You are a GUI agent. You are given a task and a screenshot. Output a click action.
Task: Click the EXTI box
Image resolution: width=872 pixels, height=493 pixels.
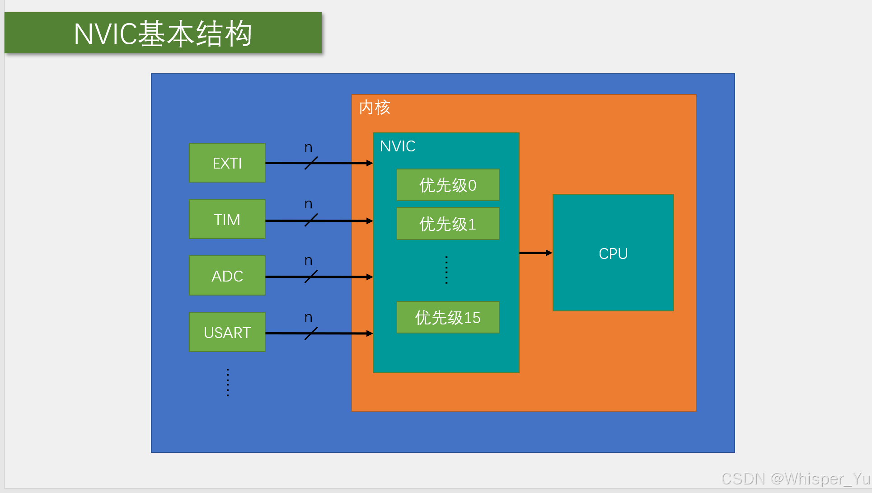point(227,163)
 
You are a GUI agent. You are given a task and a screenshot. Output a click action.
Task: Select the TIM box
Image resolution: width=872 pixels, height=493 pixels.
point(227,219)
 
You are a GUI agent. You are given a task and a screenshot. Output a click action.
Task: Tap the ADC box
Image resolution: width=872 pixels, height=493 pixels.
point(227,276)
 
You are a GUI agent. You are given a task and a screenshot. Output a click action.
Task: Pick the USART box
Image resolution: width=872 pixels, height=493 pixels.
point(227,332)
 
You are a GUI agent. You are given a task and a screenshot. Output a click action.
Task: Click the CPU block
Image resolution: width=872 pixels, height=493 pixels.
point(613,253)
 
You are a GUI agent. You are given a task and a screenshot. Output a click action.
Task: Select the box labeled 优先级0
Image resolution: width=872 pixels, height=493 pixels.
point(448,185)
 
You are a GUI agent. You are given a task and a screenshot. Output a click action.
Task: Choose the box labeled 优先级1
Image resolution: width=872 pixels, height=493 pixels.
point(448,224)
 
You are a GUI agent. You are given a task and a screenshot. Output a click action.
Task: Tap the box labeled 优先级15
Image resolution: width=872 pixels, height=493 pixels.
point(448,317)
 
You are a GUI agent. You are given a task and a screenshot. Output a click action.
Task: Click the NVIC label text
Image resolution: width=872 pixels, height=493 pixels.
point(398,146)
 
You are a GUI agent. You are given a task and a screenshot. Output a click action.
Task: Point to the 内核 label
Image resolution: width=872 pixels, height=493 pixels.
point(375,108)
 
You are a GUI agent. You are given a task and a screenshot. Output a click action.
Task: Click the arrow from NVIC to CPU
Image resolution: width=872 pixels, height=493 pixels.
point(535,253)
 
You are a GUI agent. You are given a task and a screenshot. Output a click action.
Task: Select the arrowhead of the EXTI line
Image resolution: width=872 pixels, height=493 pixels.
point(369,163)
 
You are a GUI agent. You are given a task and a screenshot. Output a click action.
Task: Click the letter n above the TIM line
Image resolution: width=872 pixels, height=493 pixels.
point(308,204)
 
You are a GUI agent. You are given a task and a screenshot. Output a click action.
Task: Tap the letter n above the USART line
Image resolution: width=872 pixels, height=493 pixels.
point(308,317)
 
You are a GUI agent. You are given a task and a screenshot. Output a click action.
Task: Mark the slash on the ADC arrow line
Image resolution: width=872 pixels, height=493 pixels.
point(311,277)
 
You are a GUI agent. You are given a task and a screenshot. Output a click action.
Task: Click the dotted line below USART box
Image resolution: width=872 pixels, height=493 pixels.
point(228,382)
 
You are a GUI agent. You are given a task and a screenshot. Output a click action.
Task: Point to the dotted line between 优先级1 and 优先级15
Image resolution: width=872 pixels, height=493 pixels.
point(446,270)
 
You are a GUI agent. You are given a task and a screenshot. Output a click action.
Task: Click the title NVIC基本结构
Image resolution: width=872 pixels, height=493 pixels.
point(163,33)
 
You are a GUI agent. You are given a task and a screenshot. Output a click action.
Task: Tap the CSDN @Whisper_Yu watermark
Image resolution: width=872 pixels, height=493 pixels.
point(795,479)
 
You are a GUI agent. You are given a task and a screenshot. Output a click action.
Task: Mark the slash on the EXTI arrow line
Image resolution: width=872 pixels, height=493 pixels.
point(311,163)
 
